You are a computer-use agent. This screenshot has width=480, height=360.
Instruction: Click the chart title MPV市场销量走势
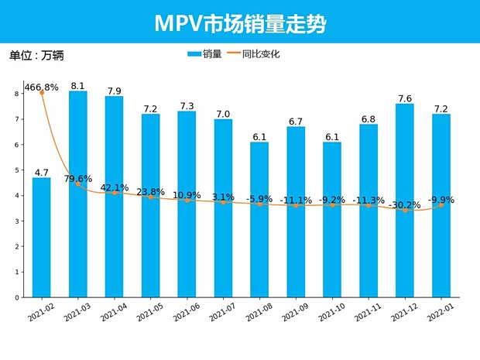coord(240,23)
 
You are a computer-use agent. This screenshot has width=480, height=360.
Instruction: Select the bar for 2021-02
coord(42,240)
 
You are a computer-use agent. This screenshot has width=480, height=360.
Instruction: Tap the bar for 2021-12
coord(405,201)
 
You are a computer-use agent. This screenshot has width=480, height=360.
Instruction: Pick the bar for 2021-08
coord(259,225)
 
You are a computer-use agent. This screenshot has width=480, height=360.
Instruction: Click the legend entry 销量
coord(205,54)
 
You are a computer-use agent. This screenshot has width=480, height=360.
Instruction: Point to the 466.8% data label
coord(42,87)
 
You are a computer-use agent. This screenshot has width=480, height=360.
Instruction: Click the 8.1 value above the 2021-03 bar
coord(77,86)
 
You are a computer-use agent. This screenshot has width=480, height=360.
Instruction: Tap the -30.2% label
coord(403,205)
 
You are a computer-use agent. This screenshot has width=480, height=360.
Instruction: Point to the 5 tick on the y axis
coord(17,170)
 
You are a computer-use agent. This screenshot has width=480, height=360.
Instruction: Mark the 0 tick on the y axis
coord(17,297)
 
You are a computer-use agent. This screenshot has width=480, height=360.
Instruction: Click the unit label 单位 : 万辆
coord(36,56)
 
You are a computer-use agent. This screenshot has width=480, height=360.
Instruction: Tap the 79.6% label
coord(77,179)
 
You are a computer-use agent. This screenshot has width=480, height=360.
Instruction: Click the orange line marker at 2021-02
coord(42,93)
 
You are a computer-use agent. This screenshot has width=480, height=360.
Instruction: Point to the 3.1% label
coord(223,197)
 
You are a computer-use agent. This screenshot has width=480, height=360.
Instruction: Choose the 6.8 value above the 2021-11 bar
coord(369,118)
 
